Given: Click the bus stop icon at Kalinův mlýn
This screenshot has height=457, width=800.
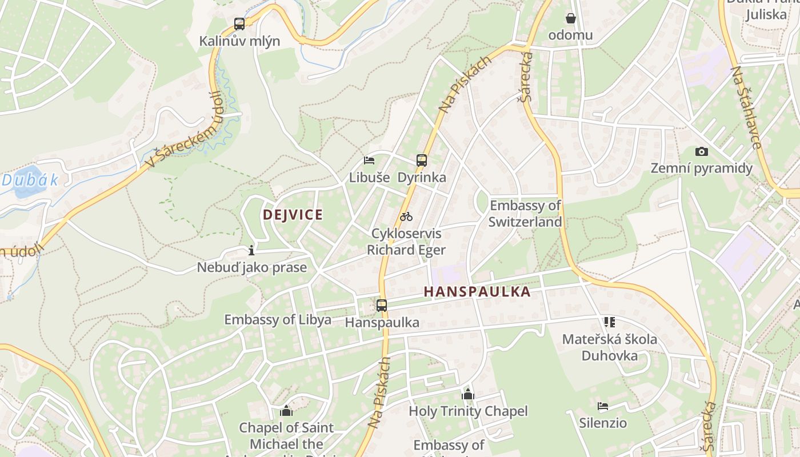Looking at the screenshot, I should [239, 24].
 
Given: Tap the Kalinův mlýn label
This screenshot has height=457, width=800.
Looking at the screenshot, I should [239, 41].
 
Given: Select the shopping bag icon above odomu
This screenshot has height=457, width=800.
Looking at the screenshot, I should [570, 18].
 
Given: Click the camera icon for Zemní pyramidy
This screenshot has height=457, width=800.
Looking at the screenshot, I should [701, 151].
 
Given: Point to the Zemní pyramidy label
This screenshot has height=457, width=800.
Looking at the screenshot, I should [702, 169].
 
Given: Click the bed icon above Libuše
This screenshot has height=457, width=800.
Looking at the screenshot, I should [369, 161].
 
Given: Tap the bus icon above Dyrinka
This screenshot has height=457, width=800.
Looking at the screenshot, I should [422, 161].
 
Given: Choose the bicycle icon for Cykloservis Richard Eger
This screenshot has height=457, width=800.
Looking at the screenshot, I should [406, 217].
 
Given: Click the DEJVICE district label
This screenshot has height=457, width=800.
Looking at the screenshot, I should [293, 215].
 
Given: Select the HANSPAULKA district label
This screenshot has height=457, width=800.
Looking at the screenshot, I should [477, 292].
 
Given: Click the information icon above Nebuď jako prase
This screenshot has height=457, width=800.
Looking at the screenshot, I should [251, 250].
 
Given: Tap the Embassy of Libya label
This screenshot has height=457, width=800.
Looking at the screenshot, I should [278, 320].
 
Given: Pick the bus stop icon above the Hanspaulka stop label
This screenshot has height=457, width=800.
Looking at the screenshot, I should [382, 305].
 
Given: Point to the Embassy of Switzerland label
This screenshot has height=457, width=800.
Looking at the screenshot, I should [525, 213].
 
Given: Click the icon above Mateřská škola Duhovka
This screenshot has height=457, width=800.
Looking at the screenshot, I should [609, 322].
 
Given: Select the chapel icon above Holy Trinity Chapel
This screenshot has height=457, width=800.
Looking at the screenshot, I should [468, 394].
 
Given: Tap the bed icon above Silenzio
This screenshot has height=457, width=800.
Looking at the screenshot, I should [602, 406].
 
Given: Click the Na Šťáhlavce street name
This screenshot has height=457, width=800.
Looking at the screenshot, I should [746, 107].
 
